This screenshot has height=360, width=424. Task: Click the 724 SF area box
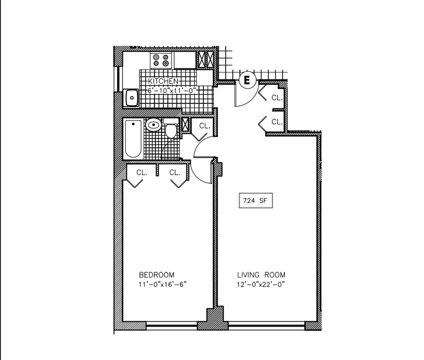click(256, 201)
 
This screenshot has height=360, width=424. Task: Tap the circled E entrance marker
click(247, 81)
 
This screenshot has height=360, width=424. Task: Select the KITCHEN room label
click(163, 81)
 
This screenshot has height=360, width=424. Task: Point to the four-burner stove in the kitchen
click(162, 60)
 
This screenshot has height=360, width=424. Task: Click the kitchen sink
click(131, 97)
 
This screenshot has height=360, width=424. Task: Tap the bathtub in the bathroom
click(133, 139)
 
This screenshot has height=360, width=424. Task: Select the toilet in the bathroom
click(171, 130)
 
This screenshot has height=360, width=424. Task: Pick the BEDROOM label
click(156, 274)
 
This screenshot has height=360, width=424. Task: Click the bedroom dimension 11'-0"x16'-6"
click(162, 284)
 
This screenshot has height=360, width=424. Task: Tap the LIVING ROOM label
click(261, 274)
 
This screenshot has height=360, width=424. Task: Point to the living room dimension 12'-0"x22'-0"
click(261, 284)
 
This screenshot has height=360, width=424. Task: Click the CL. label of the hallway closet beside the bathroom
click(204, 126)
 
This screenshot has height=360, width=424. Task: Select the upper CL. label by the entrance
click(276, 97)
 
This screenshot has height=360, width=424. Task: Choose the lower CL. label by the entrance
click(276, 121)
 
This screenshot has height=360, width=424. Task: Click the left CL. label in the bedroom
click(142, 172)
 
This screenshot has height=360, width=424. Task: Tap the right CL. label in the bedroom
click(175, 172)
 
